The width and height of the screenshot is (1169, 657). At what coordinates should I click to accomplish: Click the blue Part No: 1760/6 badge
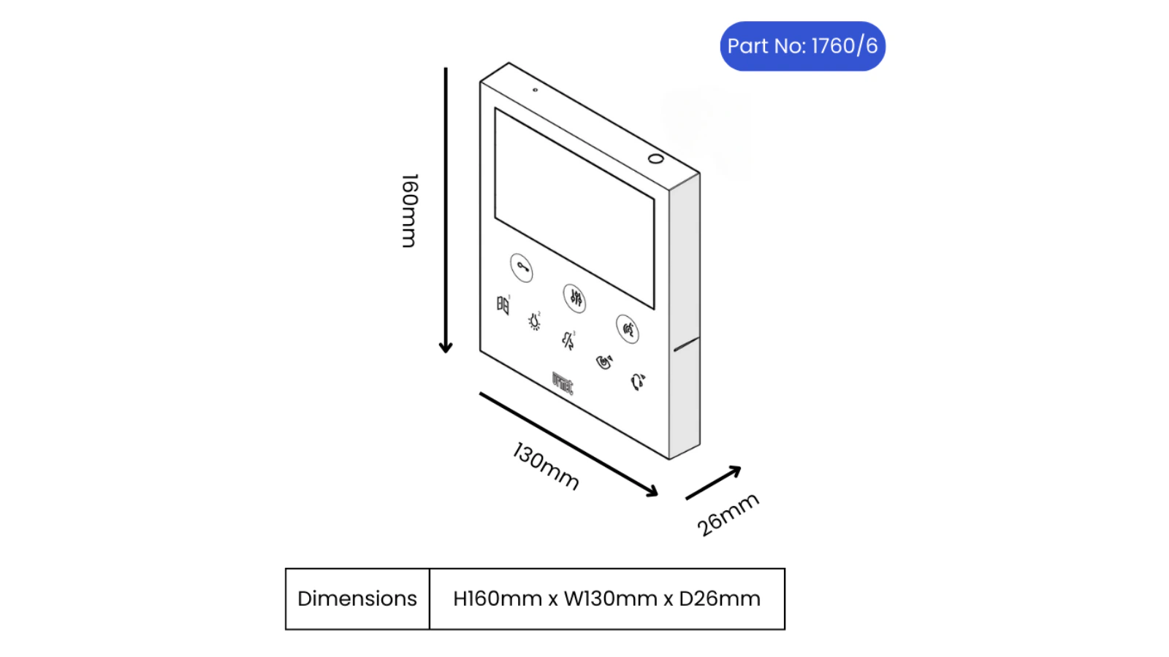[802, 46]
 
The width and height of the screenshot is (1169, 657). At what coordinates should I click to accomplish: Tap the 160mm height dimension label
[410, 211]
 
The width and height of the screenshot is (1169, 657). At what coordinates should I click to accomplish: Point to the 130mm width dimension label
[545, 466]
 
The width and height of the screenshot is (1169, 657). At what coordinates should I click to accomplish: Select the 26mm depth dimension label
[728, 514]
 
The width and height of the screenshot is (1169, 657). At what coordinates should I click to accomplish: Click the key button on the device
[522, 268]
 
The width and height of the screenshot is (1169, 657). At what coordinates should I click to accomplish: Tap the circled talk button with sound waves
[628, 329]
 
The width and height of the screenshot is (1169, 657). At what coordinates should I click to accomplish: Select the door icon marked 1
[503, 304]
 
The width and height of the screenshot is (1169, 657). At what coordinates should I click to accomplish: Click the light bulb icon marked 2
[534, 321]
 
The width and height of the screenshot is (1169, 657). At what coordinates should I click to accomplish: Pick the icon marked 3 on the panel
[568, 340]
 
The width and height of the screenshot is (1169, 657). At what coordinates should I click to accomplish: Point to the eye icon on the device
[604, 361]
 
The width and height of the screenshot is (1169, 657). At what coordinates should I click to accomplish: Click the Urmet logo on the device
[562, 383]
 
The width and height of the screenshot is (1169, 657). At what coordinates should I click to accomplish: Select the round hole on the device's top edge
[655, 158]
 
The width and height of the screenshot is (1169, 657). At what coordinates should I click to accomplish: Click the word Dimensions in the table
[357, 599]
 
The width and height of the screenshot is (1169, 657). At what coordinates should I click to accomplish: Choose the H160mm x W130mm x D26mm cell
[607, 599]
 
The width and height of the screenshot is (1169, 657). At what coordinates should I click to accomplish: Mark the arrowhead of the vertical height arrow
[446, 347]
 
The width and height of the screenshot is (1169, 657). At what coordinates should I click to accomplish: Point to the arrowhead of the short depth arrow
[735, 471]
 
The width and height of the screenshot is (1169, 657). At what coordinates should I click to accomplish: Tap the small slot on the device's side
[686, 344]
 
